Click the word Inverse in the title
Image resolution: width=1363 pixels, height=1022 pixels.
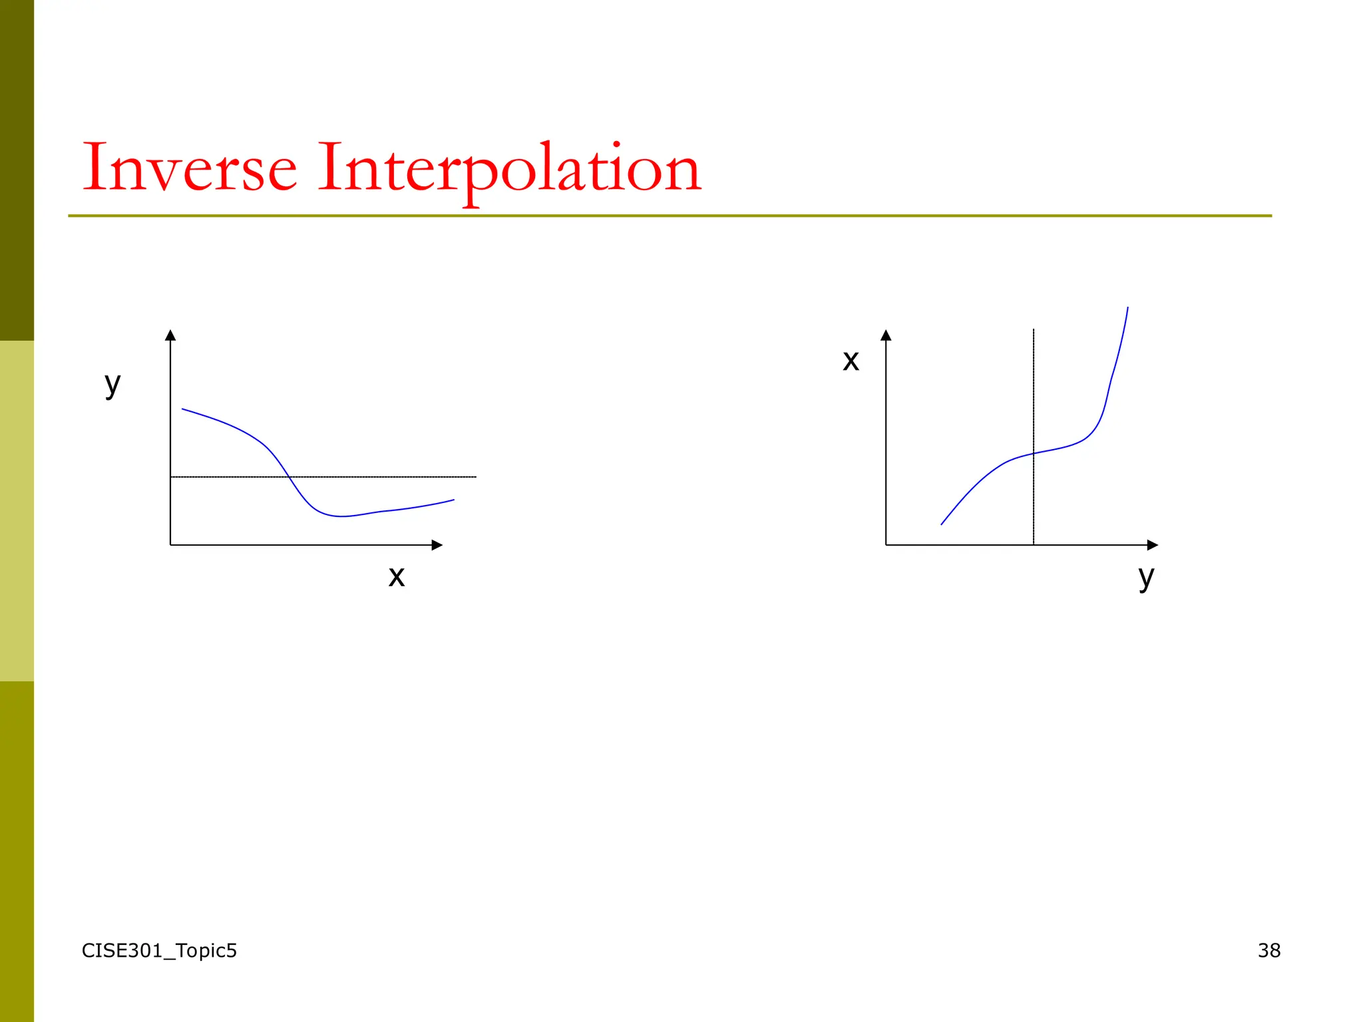pos(190,168)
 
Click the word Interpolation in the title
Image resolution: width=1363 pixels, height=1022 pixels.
pos(509,169)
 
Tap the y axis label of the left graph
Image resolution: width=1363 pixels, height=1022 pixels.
pos(112,385)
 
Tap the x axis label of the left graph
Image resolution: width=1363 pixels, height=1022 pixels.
pos(397,576)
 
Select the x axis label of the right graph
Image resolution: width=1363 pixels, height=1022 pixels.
pos(851,361)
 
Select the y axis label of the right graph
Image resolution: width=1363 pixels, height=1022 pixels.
pos(1145,576)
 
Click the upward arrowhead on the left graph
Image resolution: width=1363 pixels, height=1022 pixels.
pos(170,335)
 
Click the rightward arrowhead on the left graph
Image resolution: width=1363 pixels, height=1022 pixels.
pos(437,545)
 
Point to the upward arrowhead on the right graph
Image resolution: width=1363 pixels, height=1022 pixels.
pos(886,335)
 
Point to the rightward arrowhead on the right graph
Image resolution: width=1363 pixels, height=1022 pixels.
pos(1153,545)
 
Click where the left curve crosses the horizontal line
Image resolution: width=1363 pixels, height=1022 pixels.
pos(288,476)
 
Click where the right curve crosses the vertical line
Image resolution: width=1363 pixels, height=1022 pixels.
pos(1034,453)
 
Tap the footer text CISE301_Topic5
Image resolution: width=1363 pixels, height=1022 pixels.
pos(159,950)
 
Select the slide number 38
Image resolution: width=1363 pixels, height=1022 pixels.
pos(1268,950)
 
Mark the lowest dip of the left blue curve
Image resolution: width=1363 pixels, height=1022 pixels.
pos(341,516)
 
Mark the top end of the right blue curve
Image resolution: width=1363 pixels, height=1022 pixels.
pos(1127,307)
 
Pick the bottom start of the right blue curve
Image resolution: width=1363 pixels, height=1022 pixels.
pos(942,524)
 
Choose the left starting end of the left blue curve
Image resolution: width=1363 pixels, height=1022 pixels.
pos(182,409)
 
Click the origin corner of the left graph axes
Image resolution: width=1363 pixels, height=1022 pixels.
pos(170,545)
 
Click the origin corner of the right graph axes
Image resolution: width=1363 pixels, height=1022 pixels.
pos(886,545)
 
